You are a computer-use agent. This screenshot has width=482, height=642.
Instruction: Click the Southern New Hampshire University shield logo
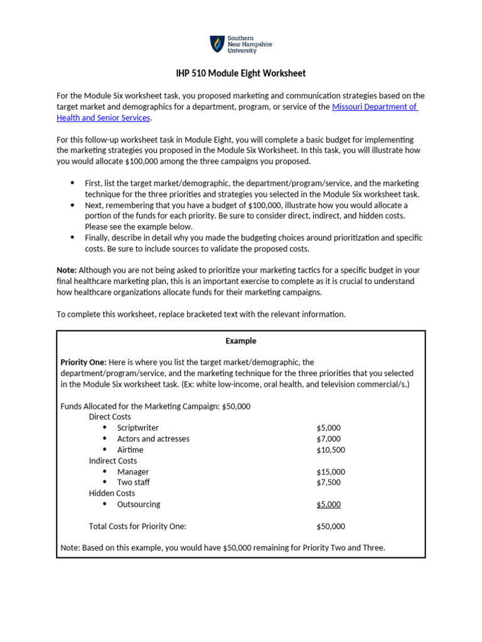pyautogui.click(x=217, y=44)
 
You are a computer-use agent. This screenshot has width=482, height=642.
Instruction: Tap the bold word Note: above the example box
pyautogui.click(x=67, y=270)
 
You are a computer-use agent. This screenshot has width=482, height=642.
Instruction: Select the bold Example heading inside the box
pyautogui.click(x=241, y=341)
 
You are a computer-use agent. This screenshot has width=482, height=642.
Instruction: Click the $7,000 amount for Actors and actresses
pyautogui.click(x=328, y=439)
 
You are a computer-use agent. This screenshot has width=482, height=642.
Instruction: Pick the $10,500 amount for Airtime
pyautogui.click(x=331, y=450)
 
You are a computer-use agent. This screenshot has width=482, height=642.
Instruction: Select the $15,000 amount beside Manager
pyautogui.click(x=331, y=471)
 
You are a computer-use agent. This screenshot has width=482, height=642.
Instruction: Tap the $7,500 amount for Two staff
pyautogui.click(x=328, y=482)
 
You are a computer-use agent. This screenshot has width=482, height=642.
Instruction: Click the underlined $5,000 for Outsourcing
pyautogui.click(x=328, y=504)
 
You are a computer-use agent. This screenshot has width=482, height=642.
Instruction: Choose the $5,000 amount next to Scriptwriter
pyautogui.click(x=328, y=428)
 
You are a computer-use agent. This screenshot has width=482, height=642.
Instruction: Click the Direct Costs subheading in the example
pyautogui.click(x=110, y=417)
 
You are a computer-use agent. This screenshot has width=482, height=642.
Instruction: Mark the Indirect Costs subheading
pyautogui.click(x=112, y=461)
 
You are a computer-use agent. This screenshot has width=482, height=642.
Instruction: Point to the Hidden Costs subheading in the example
pyautogui.click(x=112, y=493)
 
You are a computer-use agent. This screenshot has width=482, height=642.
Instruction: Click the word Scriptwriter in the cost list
pyautogui.click(x=137, y=428)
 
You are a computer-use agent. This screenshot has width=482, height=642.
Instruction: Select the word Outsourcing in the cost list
pyautogui.click(x=139, y=504)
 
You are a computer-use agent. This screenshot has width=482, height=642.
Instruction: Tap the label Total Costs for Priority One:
pyautogui.click(x=137, y=526)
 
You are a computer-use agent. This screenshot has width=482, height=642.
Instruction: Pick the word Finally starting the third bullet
pyautogui.click(x=98, y=238)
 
